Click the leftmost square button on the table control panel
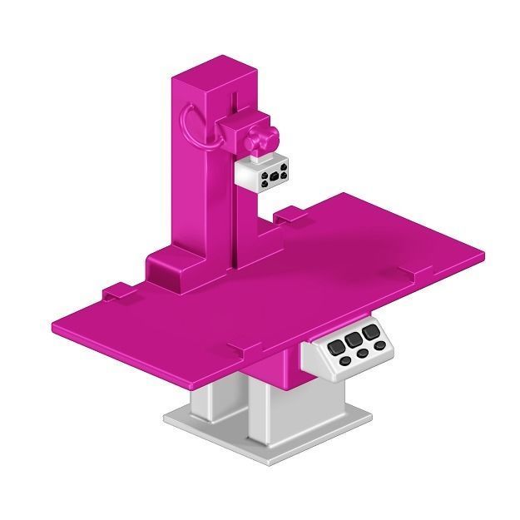(x=336, y=346)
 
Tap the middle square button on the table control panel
(x=355, y=339)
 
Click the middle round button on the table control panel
(x=362, y=354)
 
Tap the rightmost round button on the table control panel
(x=379, y=345)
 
